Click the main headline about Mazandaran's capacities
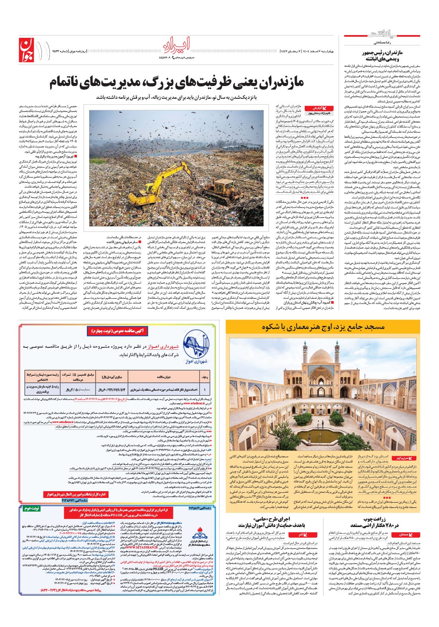tap(177, 83)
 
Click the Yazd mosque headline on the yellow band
tap(323, 327)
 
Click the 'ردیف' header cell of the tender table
tap(205, 376)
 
